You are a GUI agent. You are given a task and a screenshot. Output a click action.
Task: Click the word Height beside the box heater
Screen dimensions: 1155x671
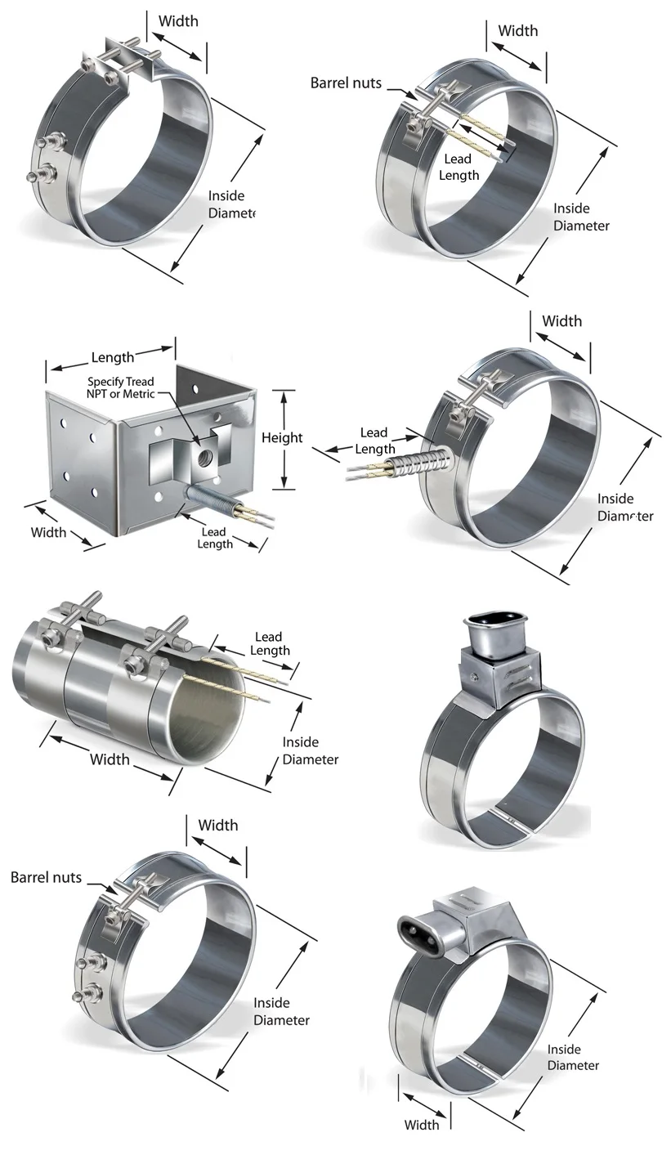click(x=282, y=438)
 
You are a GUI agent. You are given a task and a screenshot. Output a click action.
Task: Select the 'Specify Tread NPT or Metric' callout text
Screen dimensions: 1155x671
click(x=121, y=388)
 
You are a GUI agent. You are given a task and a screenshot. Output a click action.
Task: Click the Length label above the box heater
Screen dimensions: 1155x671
click(x=113, y=357)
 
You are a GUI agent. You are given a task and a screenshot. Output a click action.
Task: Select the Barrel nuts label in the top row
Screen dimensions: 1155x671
click(x=346, y=83)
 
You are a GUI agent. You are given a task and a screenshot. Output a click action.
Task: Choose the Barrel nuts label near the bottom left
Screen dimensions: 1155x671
click(x=46, y=877)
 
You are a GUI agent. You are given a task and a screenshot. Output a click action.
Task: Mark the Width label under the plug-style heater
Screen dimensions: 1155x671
click(x=422, y=1125)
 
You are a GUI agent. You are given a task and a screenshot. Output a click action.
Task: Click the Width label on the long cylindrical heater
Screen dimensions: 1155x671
click(x=110, y=759)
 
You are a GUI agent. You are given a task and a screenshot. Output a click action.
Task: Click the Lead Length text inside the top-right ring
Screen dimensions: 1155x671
click(x=458, y=168)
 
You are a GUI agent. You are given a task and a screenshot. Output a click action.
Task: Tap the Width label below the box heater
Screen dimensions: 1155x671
click(x=48, y=532)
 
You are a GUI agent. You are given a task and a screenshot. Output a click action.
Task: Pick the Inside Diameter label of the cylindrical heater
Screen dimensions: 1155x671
click(x=310, y=750)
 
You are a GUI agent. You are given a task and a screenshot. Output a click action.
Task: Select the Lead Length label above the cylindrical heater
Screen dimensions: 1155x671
click(x=269, y=643)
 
